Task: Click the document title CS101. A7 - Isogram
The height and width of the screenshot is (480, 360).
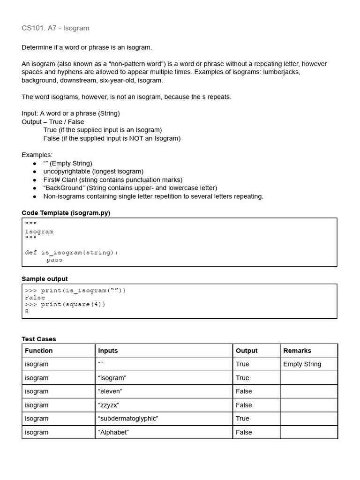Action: [55, 28]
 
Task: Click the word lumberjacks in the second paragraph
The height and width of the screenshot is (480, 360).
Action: [281, 72]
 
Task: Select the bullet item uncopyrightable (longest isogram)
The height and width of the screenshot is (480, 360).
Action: [93, 172]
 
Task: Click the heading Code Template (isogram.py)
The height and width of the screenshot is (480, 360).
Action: [66, 213]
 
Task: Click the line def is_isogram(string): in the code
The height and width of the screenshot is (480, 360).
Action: [71, 253]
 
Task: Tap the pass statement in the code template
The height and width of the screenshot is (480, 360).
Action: [54, 260]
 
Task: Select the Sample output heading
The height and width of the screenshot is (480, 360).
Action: [45, 279]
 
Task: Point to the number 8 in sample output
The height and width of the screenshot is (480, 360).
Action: [27, 311]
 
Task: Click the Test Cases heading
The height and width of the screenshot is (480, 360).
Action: [39, 339]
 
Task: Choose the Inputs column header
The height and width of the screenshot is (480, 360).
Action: [108, 351]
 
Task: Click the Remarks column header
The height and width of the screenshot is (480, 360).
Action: [297, 351]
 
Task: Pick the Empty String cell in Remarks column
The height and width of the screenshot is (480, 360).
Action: [302, 364]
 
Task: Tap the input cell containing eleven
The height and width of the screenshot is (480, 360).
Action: [110, 391]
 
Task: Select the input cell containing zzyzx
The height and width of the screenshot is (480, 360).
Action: [109, 405]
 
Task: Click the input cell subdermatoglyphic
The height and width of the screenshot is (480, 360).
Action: [128, 419]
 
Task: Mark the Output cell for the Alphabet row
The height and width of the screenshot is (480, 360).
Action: [244, 432]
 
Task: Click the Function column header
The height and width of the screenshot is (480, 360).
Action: [39, 351]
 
